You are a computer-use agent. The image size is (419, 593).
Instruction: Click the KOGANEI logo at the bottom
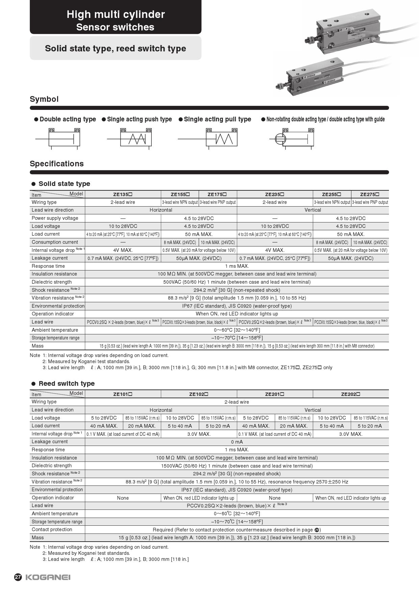pos(48,577)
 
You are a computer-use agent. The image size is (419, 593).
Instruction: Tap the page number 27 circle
pos(18,577)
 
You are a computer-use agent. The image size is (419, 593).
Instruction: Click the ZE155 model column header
pos(180,194)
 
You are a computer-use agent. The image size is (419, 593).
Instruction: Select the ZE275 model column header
pos(369,194)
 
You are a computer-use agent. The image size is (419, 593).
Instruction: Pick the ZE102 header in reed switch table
pos(199,394)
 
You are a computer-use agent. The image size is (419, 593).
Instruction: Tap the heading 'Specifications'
pos(56,164)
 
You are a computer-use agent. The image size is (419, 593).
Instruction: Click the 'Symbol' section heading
pos(44,99)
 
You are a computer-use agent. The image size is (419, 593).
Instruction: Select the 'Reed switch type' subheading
pos(67,383)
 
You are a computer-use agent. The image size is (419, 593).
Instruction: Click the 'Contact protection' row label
pos(52,529)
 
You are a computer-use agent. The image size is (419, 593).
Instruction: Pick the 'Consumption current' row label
pos(55,242)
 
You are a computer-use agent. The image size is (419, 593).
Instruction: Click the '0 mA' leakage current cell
pos(237,442)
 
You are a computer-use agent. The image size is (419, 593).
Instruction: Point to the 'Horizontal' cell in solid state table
pos(161,210)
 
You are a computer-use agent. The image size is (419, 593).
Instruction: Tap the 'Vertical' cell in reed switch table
pos(313,410)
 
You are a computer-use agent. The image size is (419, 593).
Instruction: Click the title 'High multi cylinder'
pos(116,14)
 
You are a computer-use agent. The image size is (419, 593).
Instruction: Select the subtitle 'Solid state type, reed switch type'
pos(116,48)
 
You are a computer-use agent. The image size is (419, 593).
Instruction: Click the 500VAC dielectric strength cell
pos(237,282)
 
